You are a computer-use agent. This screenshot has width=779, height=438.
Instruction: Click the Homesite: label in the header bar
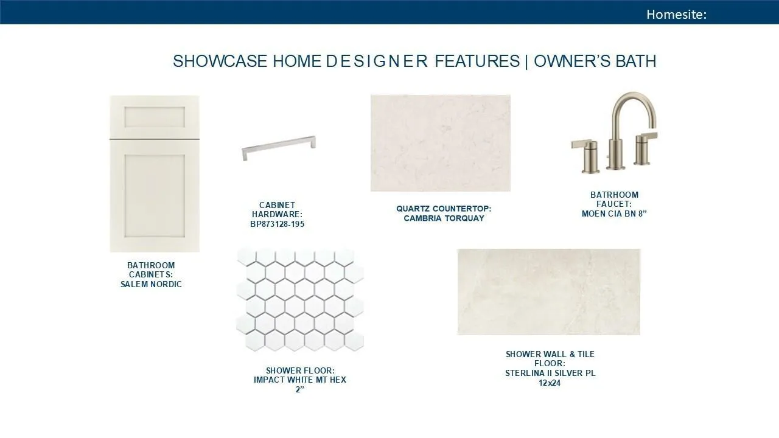click(676, 14)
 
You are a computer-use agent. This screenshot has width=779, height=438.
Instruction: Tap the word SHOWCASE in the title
click(220, 61)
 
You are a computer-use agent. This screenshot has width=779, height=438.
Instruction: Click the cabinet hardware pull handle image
click(279, 148)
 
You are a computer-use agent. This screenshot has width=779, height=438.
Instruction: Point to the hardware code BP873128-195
click(277, 224)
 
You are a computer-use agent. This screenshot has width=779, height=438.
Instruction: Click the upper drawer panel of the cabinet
click(155, 117)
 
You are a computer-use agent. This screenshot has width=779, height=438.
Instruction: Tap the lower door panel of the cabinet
click(155, 196)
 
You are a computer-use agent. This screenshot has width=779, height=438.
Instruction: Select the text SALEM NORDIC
click(151, 284)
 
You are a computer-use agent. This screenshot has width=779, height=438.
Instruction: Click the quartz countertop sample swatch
click(440, 143)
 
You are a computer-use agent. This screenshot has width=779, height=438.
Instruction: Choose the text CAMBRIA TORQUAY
click(444, 218)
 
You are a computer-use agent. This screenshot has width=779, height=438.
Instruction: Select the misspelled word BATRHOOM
click(614, 195)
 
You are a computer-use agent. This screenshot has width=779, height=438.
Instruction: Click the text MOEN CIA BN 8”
click(614, 214)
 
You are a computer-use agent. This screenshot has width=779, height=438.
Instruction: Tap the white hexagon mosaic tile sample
click(300, 299)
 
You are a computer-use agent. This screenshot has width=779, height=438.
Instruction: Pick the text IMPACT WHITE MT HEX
click(300, 380)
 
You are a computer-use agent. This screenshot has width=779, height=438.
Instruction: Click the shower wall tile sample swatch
click(548, 292)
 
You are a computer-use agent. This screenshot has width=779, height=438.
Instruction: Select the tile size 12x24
click(550, 383)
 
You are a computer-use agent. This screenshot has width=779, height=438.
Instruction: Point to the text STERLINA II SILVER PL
click(550, 374)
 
